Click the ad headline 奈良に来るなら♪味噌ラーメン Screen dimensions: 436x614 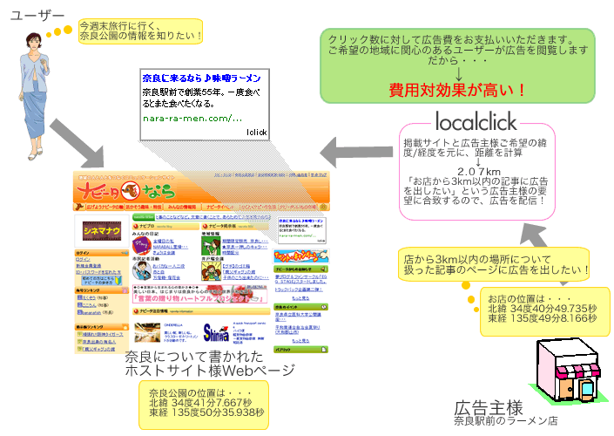click(200, 78)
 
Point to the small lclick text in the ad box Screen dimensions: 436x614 click(257, 132)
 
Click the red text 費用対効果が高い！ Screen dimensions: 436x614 click(457, 90)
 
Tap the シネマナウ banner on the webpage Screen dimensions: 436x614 click(101, 229)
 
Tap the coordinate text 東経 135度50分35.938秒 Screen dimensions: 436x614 click(206, 413)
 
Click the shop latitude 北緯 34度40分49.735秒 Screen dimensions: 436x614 click(542, 308)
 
